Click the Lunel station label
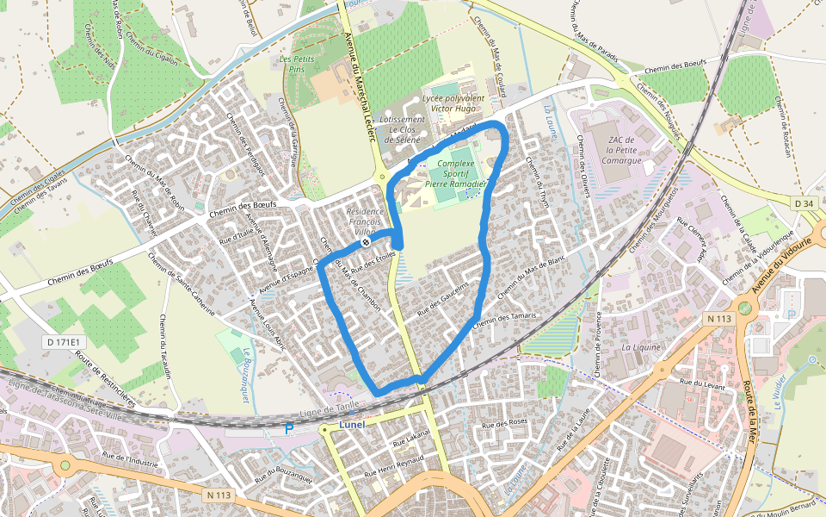[352, 424]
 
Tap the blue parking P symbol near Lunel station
[289, 428]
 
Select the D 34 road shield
[804, 202]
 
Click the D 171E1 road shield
[59, 342]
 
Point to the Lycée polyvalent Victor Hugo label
[453, 104]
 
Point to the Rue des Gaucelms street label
[443, 297]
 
